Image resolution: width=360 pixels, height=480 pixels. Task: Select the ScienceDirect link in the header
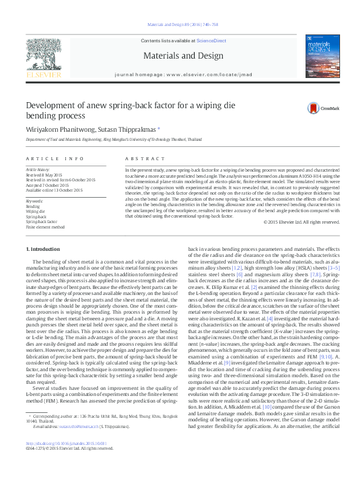click(x=211, y=41)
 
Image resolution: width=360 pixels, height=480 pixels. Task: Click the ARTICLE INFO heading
click(x=54, y=158)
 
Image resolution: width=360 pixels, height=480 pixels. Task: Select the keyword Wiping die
click(x=35, y=211)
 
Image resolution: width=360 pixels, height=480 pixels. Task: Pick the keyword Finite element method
click(x=45, y=227)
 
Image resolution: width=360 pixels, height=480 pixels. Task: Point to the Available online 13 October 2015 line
click(x=54, y=190)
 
